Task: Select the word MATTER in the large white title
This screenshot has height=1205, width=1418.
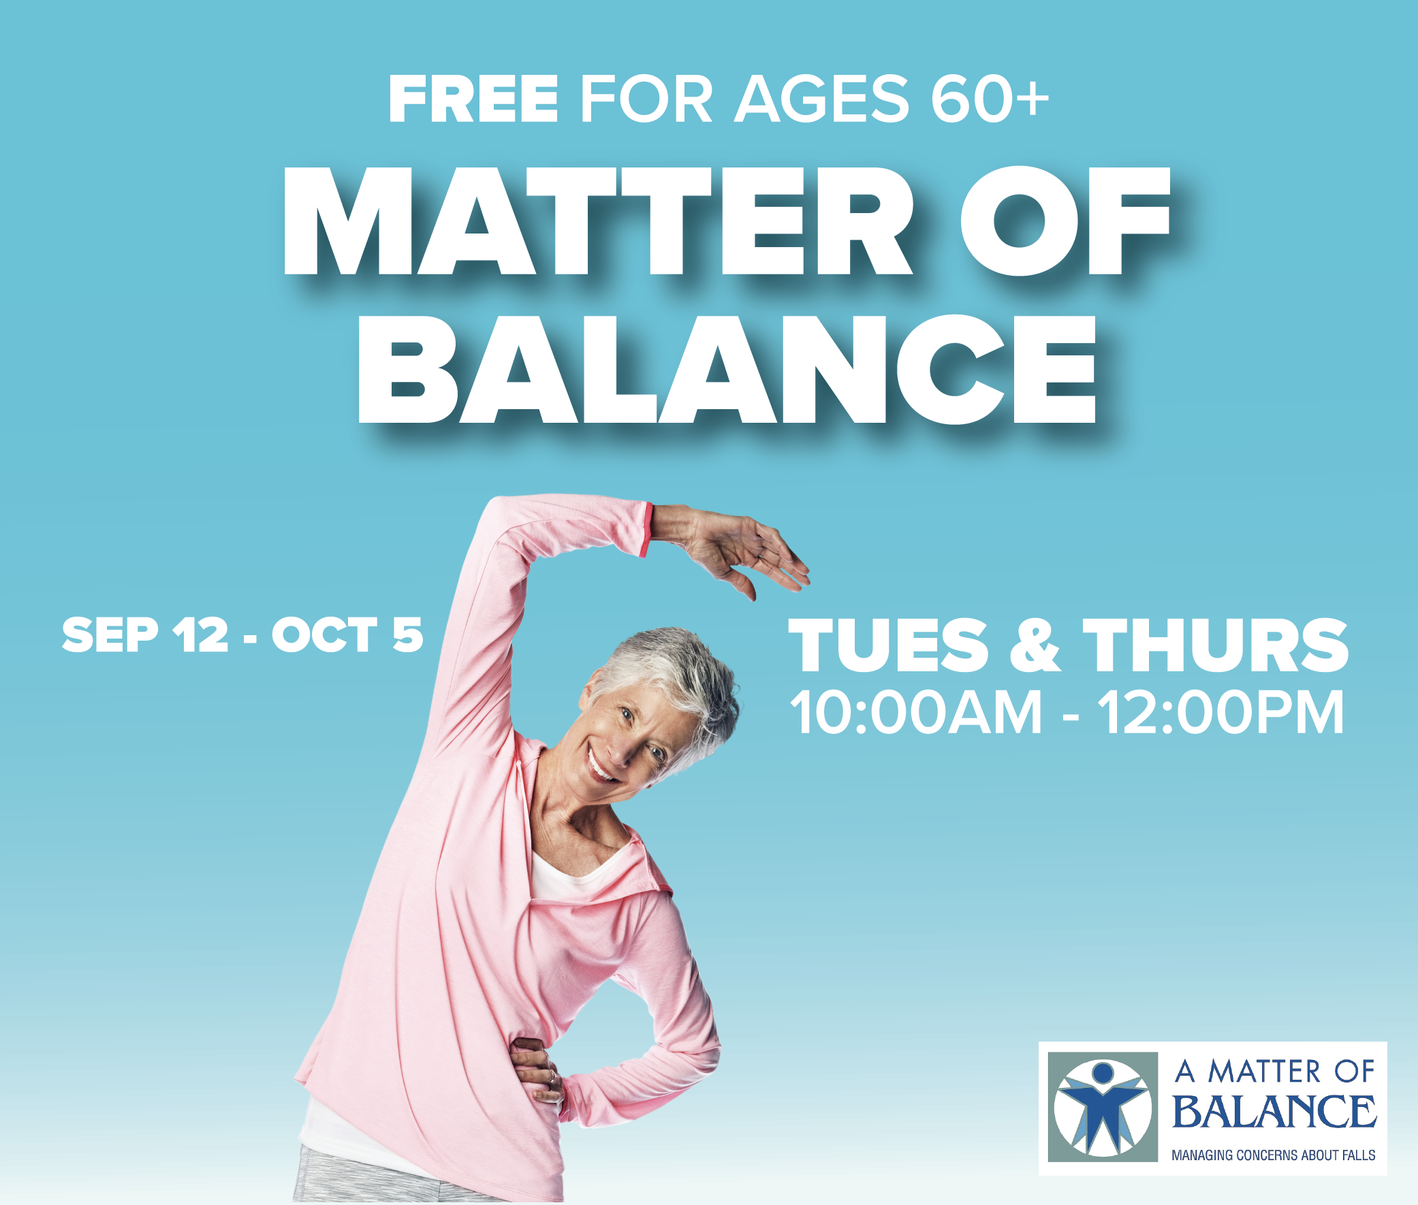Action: [597, 221]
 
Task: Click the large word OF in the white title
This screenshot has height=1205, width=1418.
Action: [1065, 221]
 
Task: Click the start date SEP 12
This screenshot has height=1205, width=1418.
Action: [146, 634]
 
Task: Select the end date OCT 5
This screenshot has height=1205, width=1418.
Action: [348, 634]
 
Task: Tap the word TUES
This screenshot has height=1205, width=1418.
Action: [888, 645]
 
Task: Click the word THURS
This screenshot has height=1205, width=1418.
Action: [1216, 645]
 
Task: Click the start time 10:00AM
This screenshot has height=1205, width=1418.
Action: [917, 713]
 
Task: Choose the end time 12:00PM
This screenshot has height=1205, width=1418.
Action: [1221, 713]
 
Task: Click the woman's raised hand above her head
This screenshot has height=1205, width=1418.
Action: [742, 551]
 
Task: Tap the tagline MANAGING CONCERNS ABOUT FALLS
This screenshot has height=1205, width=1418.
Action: [1273, 1155]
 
